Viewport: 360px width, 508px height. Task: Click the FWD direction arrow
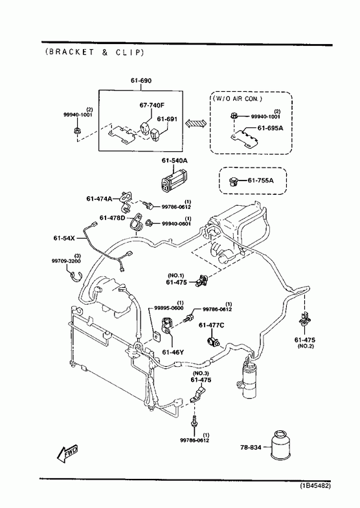(x=67, y=453)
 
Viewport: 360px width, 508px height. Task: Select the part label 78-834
(x=251, y=447)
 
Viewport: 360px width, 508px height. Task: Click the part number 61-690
(x=141, y=80)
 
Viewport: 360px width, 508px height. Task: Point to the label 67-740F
(x=152, y=105)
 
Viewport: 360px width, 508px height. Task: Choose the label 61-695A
(x=270, y=128)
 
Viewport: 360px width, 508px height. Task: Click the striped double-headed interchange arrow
(x=196, y=123)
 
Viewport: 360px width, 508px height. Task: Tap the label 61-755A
(x=260, y=180)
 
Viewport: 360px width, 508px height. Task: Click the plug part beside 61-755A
(x=233, y=181)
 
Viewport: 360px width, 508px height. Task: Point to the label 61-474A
(x=99, y=198)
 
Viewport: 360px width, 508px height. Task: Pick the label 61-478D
(x=112, y=217)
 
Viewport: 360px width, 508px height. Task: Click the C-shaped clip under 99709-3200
(x=76, y=276)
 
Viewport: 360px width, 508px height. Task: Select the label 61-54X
(x=64, y=238)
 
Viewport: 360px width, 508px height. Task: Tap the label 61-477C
(x=211, y=325)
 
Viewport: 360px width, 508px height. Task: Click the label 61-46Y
(x=173, y=352)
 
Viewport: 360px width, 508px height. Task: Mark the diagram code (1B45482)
(x=315, y=485)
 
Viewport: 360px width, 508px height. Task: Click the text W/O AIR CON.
(x=237, y=98)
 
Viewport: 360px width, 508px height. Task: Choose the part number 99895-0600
(x=168, y=308)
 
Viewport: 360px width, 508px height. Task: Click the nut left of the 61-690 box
(x=77, y=130)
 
